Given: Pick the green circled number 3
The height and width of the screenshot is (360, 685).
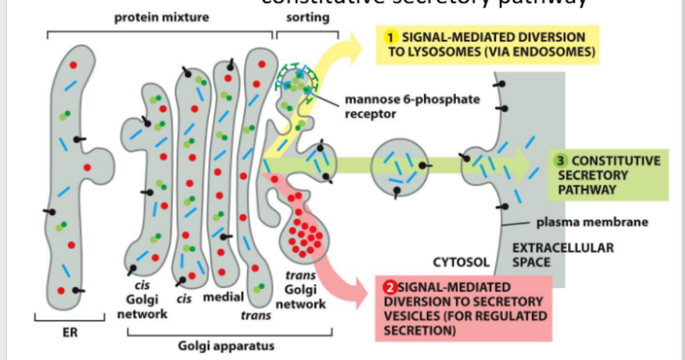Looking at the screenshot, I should [x=561, y=161].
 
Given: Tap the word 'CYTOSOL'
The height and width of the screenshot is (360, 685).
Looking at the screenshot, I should [x=461, y=262].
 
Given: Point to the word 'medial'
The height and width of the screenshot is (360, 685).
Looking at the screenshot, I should [x=223, y=297].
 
